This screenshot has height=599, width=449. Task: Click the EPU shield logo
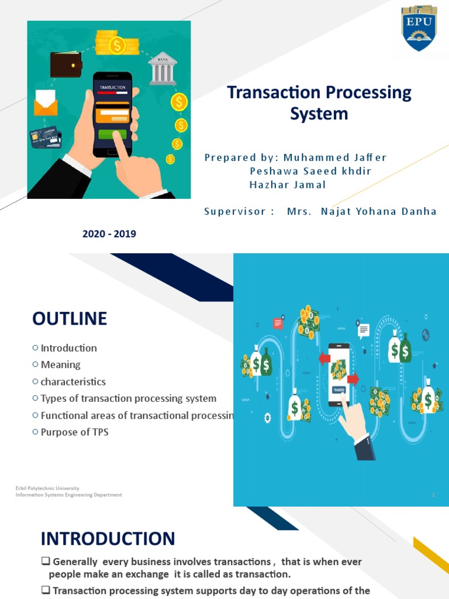419,27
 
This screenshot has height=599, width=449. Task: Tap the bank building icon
163,69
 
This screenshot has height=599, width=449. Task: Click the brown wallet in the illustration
65,64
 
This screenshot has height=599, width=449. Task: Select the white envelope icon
46,102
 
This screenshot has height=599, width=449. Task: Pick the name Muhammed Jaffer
335,157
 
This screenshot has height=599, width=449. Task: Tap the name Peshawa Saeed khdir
310,171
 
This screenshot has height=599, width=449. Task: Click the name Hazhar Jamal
288,184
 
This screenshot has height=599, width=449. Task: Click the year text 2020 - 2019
109,234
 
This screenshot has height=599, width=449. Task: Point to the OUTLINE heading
70,319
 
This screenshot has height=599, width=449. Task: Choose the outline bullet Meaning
60,364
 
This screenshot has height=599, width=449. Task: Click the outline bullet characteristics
73,381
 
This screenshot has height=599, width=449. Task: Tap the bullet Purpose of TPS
74,432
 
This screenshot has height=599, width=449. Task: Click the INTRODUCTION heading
108,538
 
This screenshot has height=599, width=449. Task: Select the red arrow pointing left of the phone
324,358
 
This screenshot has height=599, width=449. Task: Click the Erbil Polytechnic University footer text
47,488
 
